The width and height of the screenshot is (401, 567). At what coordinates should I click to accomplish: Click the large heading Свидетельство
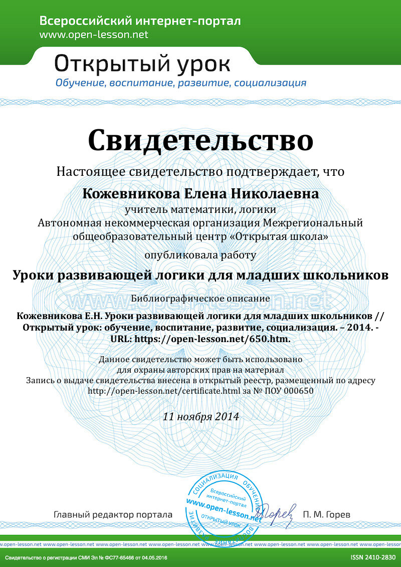[x=200, y=140]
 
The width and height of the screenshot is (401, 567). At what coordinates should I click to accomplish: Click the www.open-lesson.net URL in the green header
[x=94, y=35]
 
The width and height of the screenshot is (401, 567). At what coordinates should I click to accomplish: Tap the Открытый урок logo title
[x=142, y=64]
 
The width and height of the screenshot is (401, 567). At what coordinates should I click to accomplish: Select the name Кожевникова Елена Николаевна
[x=200, y=193]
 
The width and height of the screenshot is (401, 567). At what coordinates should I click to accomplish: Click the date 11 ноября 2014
[x=200, y=416]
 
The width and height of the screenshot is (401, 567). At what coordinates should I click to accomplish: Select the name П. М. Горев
[x=327, y=514]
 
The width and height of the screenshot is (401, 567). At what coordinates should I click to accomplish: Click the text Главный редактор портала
[x=113, y=514]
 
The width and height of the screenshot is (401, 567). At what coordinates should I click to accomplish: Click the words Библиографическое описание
[x=200, y=298]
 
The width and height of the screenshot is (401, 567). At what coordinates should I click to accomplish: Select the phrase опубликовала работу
[x=200, y=255]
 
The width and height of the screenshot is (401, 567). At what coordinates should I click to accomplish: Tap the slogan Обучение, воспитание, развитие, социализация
[x=180, y=83]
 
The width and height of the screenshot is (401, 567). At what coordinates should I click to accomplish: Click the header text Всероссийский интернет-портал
[x=140, y=21]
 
